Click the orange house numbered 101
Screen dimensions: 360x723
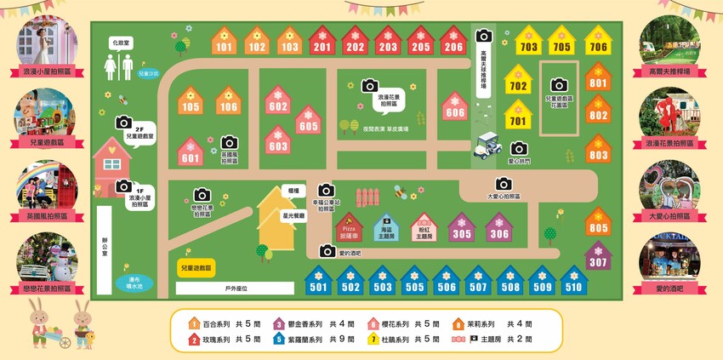(224, 43)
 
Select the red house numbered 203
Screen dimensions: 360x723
(388, 43)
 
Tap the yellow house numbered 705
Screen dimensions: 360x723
(561, 43)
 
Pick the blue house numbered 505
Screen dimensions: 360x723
(415, 283)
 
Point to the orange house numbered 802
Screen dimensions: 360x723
(598, 111)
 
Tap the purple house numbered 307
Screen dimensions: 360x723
(598, 257)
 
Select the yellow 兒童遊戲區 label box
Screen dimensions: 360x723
(196, 267)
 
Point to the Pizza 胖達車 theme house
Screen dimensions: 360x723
(349, 228)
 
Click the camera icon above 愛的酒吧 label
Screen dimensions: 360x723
(327, 250)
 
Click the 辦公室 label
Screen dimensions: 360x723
(105, 242)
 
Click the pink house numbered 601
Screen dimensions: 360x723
(191, 153)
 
